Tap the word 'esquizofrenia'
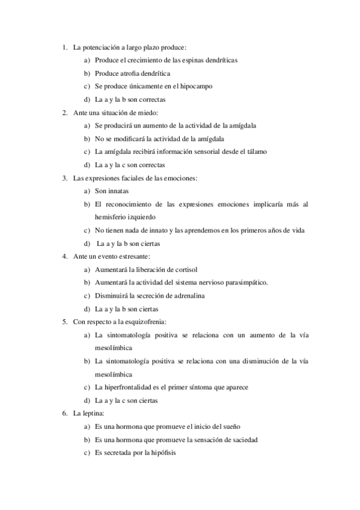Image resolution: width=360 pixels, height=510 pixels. pyautogui.click(x=145, y=322)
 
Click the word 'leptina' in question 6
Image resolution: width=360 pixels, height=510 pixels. pyautogui.click(x=91, y=413)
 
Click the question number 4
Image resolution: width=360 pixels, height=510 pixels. pyautogui.click(x=64, y=257)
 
